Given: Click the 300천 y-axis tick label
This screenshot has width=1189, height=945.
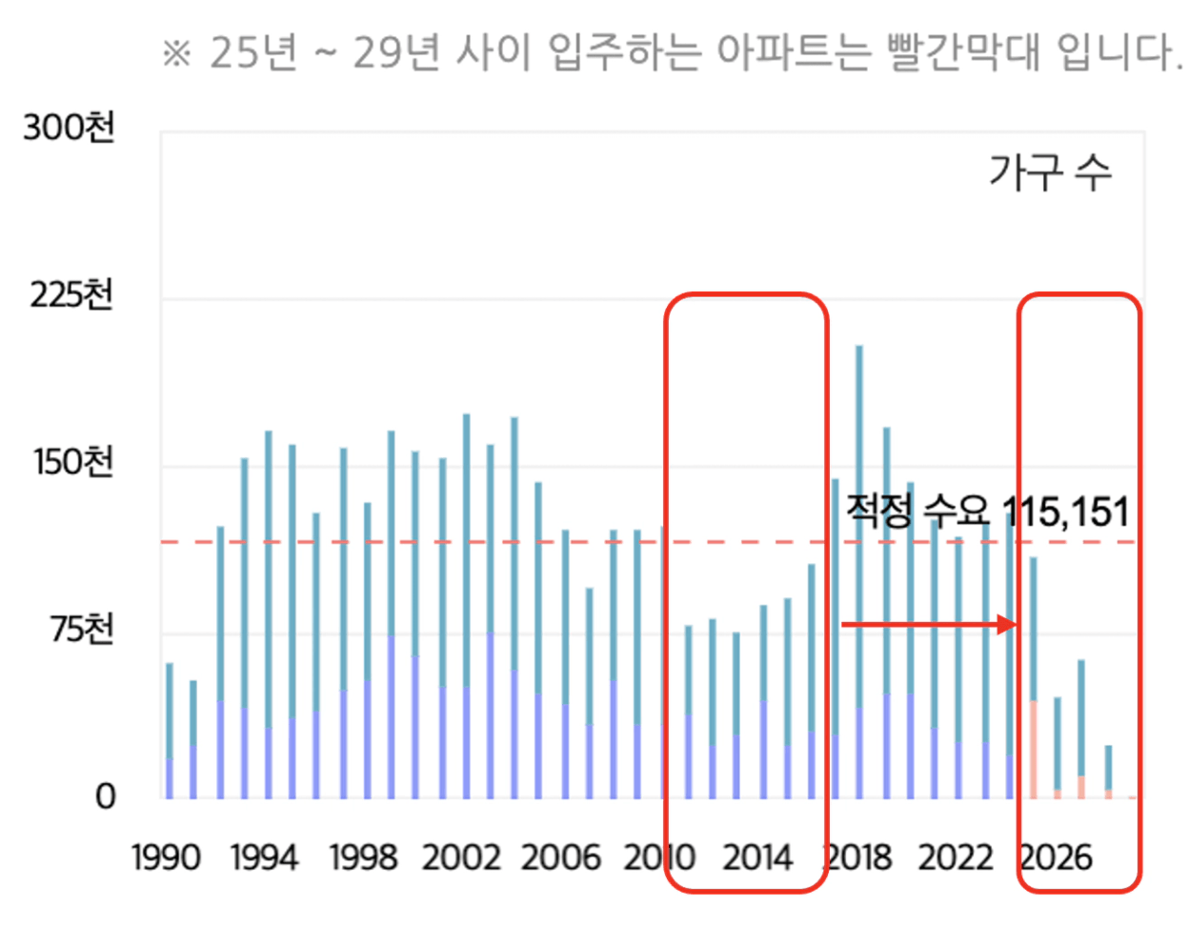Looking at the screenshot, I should click(x=69, y=128).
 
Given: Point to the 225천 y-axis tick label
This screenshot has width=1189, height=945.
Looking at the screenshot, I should click(x=71, y=295).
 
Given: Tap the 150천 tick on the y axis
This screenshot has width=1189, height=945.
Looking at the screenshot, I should click(x=73, y=462).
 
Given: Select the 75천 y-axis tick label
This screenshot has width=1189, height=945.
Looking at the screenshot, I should click(x=82, y=630).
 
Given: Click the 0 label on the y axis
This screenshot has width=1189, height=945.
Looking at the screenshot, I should click(x=105, y=796).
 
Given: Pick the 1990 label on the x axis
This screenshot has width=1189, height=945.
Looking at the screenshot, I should click(x=166, y=857).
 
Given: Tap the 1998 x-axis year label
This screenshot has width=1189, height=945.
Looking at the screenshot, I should click(x=363, y=857).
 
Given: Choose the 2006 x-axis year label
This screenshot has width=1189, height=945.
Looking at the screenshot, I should click(x=560, y=857).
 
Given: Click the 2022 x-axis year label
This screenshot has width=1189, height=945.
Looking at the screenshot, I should click(x=956, y=857).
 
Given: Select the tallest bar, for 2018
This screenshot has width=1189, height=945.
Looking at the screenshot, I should click(x=858, y=572).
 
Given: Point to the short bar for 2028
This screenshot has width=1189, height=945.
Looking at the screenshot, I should click(x=1108, y=772).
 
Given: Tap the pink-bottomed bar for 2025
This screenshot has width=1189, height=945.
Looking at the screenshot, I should click(x=1033, y=677).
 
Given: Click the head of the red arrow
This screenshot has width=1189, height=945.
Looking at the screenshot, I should click(x=1008, y=625).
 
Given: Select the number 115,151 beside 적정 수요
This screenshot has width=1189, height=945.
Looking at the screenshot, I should click(x=1066, y=513).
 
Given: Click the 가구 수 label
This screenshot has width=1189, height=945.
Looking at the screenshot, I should click(x=1050, y=172).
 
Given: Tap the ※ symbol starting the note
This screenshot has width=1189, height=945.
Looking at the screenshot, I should click(x=177, y=53).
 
